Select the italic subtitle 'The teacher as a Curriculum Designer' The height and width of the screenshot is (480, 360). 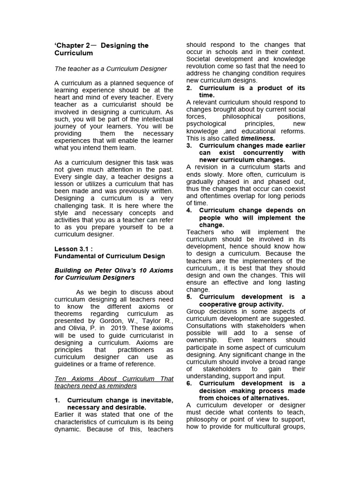(111, 68)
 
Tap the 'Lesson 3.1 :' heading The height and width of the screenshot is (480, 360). (74, 248)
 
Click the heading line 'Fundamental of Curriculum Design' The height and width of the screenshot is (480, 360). (110, 256)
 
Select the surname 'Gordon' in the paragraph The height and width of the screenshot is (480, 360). (96, 321)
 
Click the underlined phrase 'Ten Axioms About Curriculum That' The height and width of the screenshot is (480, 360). (114, 379)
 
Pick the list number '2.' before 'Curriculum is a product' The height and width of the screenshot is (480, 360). (189, 88)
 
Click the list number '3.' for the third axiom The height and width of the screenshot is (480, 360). (189, 145)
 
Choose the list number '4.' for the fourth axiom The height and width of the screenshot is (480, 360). (189, 210)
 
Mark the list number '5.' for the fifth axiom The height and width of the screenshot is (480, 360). (189, 297)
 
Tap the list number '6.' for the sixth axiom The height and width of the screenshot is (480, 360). (189, 383)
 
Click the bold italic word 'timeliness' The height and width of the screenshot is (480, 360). (257, 138)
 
